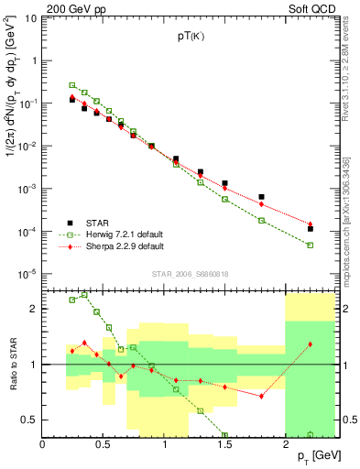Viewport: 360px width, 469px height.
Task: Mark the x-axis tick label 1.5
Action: click(x=224, y=444)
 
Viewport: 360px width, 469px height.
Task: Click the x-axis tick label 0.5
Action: click(x=103, y=444)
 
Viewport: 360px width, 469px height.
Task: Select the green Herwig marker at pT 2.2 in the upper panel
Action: click(x=310, y=245)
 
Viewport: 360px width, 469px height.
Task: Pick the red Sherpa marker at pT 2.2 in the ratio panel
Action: click(x=310, y=344)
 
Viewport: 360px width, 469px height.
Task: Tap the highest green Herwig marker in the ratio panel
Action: click(x=84, y=295)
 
